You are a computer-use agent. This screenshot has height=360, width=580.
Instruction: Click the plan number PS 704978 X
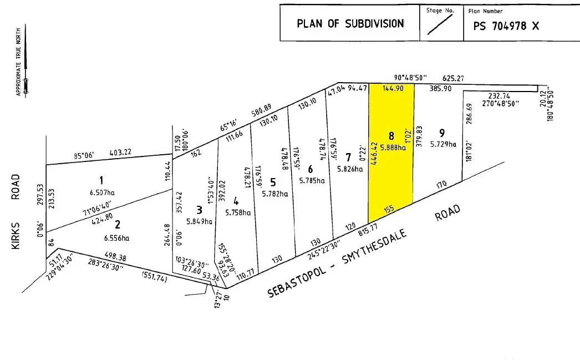click(x=505, y=26)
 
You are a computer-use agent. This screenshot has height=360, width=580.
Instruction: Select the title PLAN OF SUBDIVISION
click(x=350, y=23)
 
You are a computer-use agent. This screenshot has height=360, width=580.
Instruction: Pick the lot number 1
click(x=101, y=180)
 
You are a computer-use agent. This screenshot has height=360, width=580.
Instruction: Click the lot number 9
click(x=442, y=133)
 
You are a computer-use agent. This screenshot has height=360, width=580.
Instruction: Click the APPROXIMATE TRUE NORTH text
click(x=18, y=61)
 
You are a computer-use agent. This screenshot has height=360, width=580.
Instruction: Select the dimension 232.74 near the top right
click(x=500, y=96)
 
